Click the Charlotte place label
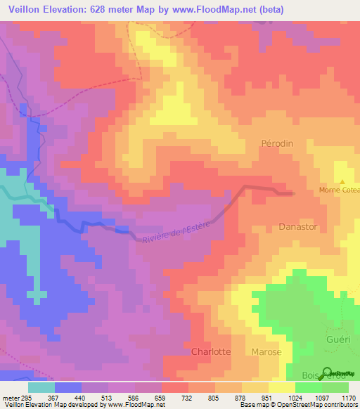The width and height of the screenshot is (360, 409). tap(211, 352)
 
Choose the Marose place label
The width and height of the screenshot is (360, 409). tap(266, 352)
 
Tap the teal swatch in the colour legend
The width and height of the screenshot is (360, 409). tap(41, 387)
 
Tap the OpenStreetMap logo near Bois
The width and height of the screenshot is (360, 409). tap(328, 372)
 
